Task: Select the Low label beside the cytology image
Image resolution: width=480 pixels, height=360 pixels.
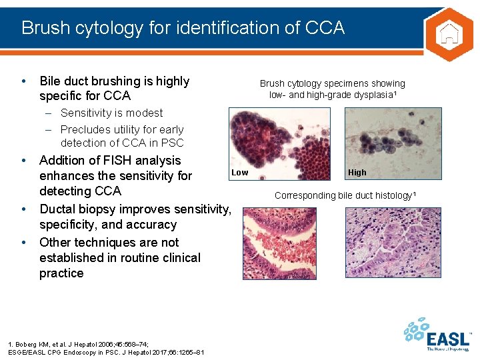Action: click(239, 173)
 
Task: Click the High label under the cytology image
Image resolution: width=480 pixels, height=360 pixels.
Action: click(357, 173)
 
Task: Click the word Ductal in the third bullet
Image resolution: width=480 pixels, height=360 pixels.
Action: click(61, 210)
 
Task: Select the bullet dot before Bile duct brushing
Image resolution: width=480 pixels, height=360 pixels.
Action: click(24, 81)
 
